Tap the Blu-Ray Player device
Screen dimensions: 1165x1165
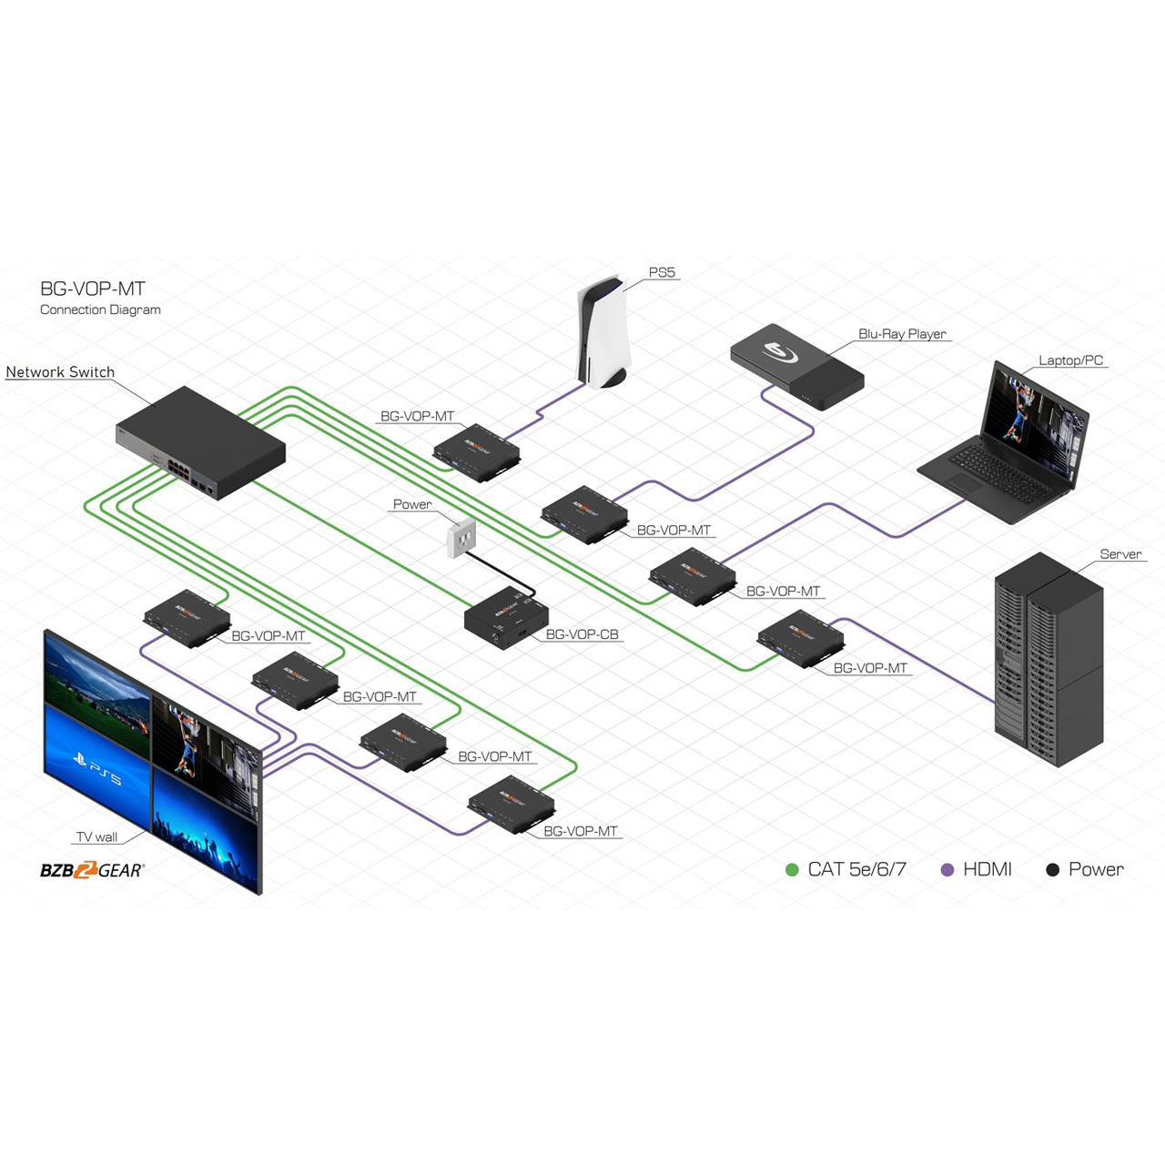[x=796, y=367]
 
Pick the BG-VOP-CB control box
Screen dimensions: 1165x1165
[x=506, y=619]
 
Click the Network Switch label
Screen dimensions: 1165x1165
[x=60, y=372]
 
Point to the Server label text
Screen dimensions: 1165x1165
[x=1120, y=553]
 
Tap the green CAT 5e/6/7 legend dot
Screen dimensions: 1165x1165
[x=792, y=870]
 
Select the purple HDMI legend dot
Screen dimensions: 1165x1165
[x=947, y=870]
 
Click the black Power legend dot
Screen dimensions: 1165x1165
[x=1052, y=870]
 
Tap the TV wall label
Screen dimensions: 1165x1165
[x=96, y=837]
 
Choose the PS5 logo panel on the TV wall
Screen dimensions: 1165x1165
[x=96, y=765]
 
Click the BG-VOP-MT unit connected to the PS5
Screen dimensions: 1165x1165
[x=477, y=452]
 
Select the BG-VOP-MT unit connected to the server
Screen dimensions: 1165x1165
[x=800, y=638]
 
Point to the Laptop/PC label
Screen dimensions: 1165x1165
[x=1070, y=360]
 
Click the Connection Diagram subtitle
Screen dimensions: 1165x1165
[x=100, y=309]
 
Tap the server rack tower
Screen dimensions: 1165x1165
[x=1048, y=659]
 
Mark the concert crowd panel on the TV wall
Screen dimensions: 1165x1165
[x=206, y=828]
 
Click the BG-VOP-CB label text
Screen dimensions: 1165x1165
[x=582, y=634]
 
